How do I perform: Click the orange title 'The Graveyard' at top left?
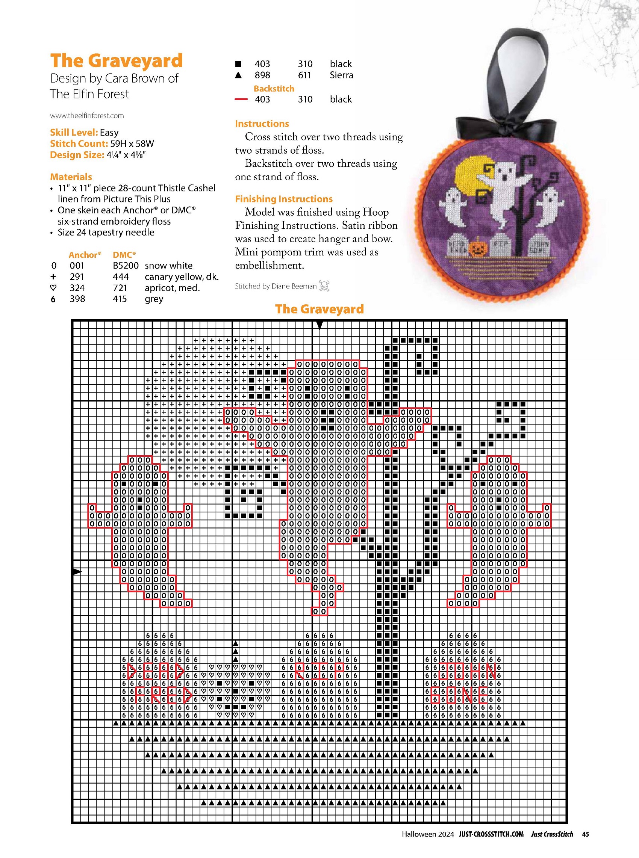click(x=116, y=61)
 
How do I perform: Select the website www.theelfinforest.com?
click(x=87, y=116)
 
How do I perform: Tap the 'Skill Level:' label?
click(x=74, y=133)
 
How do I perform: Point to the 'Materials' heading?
click(x=71, y=177)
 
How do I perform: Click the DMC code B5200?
click(x=125, y=266)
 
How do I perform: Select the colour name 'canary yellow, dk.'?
click(x=182, y=277)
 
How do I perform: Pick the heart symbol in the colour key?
click(x=53, y=288)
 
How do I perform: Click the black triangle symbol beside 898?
click(x=238, y=75)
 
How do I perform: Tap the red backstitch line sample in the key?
click(x=241, y=99)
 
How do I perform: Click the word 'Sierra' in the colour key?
click(x=341, y=75)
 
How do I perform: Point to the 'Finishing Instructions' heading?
click(x=283, y=199)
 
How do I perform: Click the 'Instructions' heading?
click(x=262, y=124)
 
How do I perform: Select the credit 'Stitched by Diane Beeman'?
click(x=276, y=286)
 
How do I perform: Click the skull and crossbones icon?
click(x=324, y=286)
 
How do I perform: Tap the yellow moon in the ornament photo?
click(x=470, y=176)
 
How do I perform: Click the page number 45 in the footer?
click(x=585, y=834)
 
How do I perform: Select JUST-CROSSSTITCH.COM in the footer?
click(x=491, y=834)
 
